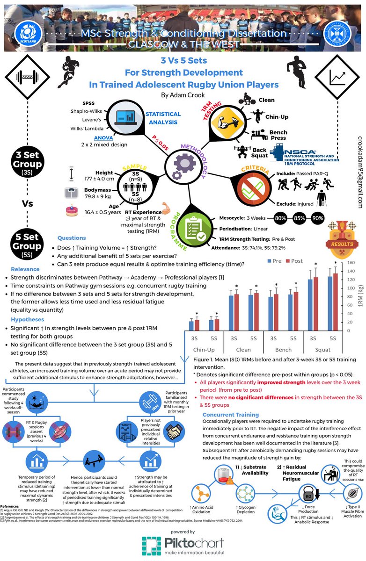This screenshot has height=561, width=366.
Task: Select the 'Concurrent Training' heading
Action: click(x=231, y=414)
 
